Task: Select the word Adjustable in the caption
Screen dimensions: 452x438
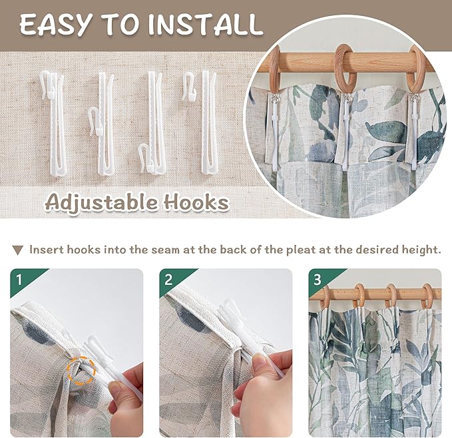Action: [x=102, y=202]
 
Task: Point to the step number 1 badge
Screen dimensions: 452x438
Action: [x=19, y=280]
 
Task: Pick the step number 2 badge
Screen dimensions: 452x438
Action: [x=168, y=280]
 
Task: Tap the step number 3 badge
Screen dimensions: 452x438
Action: [x=318, y=280]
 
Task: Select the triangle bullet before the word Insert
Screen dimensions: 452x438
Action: [x=17, y=250]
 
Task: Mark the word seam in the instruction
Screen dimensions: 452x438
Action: [x=166, y=250]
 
